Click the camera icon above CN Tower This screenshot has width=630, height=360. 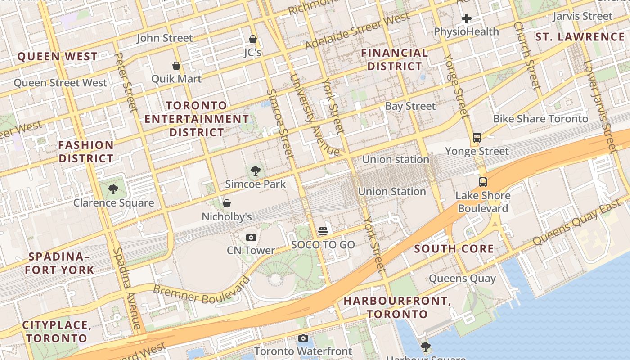pyautogui.click(x=251, y=237)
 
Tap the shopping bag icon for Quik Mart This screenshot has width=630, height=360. pyautogui.click(x=176, y=66)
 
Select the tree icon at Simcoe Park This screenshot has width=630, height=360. pyautogui.click(x=255, y=171)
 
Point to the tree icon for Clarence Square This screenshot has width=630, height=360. pyautogui.click(x=113, y=189)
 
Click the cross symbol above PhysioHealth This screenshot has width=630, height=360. pyautogui.click(x=467, y=18)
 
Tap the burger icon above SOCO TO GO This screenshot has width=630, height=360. pyautogui.click(x=323, y=231)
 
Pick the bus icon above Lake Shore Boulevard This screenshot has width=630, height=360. pyautogui.click(x=483, y=182)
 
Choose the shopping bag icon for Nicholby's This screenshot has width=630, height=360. pyautogui.click(x=227, y=203)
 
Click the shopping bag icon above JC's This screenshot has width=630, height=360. pyautogui.click(x=253, y=40)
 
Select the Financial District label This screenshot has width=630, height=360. pyautogui.click(x=395, y=59)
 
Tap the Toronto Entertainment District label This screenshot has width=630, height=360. pyautogui.click(x=197, y=119)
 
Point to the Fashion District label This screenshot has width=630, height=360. pyautogui.click(x=86, y=152)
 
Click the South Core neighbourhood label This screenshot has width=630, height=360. pyautogui.click(x=454, y=249)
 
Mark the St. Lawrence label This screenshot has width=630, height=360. pyautogui.click(x=580, y=37)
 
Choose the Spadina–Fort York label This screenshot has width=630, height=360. pyautogui.click(x=59, y=263)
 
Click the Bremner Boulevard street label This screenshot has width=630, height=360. pyautogui.click(x=201, y=289)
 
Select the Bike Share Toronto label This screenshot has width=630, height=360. pyautogui.click(x=540, y=119)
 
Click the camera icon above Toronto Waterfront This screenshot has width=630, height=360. pyautogui.click(x=303, y=338)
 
